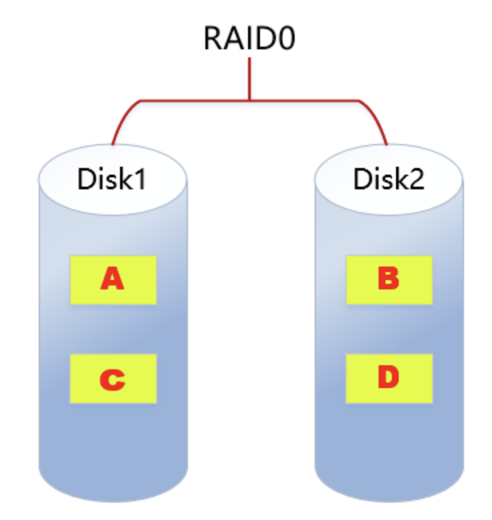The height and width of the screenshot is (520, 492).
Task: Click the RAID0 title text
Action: click(249, 38)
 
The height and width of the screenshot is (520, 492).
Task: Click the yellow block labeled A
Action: click(113, 279)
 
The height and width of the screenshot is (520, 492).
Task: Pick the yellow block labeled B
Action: click(389, 279)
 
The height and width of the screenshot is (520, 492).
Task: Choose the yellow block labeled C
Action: click(113, 379)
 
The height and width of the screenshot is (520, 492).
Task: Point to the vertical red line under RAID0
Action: click(250, 80)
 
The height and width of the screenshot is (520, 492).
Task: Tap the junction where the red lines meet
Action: click(250, 101)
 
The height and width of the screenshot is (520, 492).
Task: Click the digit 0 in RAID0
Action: click(285, 38)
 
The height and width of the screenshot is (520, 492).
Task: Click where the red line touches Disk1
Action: click(113, 143)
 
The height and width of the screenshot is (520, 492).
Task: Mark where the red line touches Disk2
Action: click(387, 143)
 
